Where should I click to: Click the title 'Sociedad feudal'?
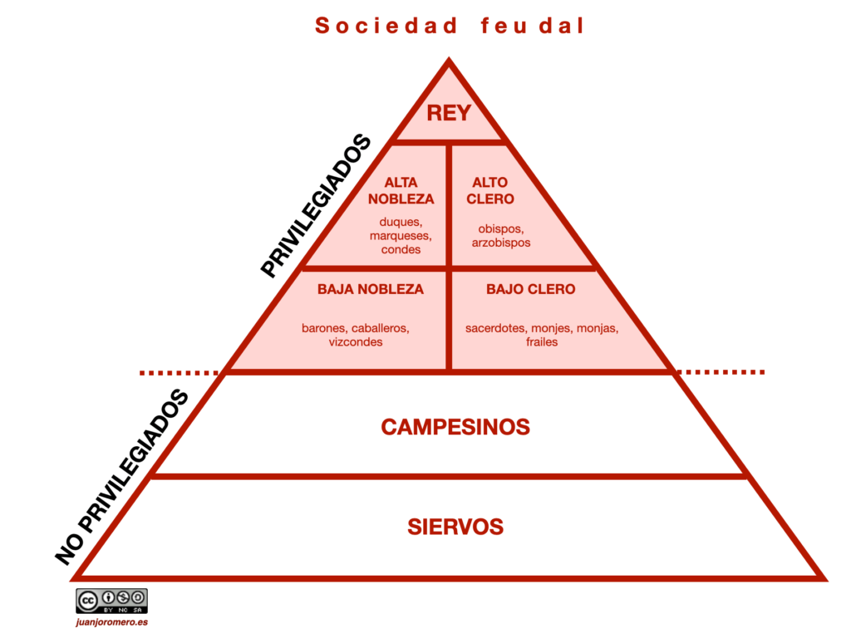pos(450,27)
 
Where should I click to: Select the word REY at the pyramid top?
pos(449,113)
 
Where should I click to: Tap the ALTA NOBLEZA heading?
pos(401,190)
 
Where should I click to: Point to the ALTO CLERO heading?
pos(490,190)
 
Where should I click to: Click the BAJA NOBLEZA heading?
pos(371,289)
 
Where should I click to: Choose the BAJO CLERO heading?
pos(530,289)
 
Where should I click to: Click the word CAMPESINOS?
pos(455,427)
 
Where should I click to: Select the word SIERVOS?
pos(455,527)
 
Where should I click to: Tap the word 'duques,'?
pos(401,222)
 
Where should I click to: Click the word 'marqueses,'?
pos(401,236)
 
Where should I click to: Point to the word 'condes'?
pos(401,249)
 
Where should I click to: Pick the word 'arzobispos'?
pos(501,243)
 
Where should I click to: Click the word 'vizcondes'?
pos(356,341)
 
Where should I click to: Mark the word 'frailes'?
pos(542,341)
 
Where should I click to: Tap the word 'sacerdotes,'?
pos(495,328)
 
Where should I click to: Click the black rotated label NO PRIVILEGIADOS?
pos(121,477)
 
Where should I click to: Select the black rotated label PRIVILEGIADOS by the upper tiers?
pos(315,206)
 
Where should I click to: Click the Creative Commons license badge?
pos(111,601)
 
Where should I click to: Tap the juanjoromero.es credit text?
pos(111,621)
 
